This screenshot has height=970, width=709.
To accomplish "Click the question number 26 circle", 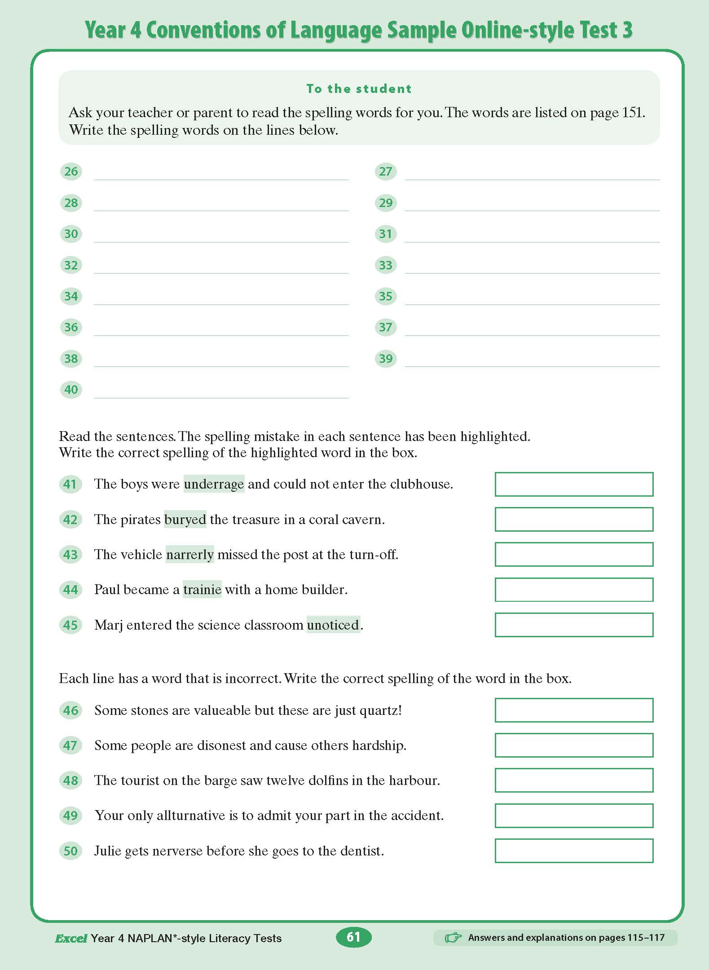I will click(71, 171).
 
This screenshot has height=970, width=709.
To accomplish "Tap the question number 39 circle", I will click(386, 358).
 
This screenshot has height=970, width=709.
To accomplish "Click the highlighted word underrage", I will click(214, 484).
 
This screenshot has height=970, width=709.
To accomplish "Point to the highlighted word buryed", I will click(185, 520).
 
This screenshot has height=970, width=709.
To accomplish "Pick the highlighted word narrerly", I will click(189, 555).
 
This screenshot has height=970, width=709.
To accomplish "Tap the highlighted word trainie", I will click(202, 590).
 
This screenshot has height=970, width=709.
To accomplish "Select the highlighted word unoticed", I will click(333, 625).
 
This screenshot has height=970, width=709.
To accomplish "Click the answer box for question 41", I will click(574, 484).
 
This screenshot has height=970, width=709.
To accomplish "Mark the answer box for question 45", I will click(574, 625).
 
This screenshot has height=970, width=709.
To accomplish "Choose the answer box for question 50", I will click(574, 851).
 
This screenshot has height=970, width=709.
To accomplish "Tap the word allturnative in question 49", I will click(191, 816).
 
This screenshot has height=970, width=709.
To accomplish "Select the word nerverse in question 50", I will click(177, 851).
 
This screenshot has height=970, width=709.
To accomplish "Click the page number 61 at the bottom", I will click(353, 937).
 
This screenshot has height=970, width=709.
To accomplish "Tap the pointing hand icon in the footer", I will click(453, 938).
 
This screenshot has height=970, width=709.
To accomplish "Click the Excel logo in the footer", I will click(70, 938).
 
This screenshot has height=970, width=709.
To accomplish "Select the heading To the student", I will click(359, 88).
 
